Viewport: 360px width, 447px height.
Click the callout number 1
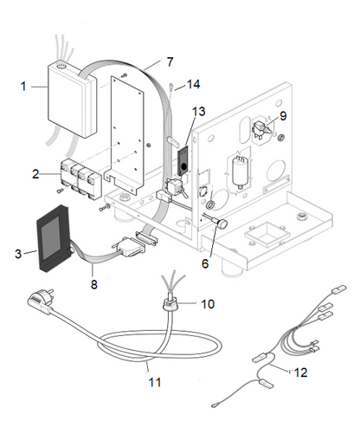[x=23, y=87]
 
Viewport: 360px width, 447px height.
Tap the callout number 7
[x=170, y=62]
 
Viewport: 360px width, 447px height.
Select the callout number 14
[x=193, y=84]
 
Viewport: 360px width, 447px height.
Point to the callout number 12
[x=300, y=372]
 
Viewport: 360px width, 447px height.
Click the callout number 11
[x=155, y=382]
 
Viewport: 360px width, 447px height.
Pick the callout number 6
[x=205, y=263]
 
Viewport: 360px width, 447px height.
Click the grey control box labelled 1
[x=72, y=100]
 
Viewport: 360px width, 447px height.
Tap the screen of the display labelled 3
[x=51, y=236]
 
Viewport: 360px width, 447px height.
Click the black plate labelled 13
[x=183, y=161]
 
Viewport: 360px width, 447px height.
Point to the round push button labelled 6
[x=222, y=224]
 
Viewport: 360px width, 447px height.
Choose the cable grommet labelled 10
[x=170, y=304]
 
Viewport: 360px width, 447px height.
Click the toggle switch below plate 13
[x=176, y=187]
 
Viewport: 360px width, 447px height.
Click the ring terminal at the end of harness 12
[x=215, y=405]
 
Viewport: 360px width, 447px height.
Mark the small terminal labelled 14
[x=170, y=87]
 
